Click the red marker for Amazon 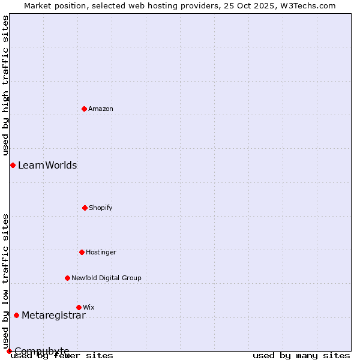point(85,109)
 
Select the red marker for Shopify point(85,208)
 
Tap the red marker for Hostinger point(82,252)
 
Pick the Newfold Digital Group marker point(67,278)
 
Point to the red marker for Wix point(79,307)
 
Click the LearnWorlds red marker point(13,165)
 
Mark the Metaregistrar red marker point(16,315)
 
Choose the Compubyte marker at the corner point(9,351)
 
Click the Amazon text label point(101,109)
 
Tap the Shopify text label point(101,208)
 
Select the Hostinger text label point(101,252)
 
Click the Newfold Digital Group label point(106,278)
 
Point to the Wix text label point(89,307)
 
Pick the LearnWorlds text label point(47,166)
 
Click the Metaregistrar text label point(53,316)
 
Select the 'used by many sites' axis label point(301,355)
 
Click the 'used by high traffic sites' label point(6,85)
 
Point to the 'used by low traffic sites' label point(6,281)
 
